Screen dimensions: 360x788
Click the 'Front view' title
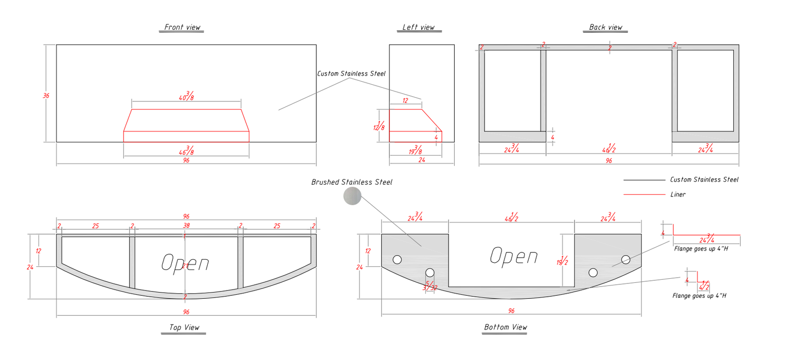183,27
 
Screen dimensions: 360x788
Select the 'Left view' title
419,27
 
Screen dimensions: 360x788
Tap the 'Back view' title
605,27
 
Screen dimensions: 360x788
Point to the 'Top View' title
184,328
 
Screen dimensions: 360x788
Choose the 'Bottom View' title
506,327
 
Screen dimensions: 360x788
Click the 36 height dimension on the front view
46,96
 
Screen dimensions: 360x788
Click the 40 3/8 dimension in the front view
187,96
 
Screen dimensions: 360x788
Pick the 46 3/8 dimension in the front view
187,150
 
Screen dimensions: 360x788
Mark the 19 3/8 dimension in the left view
416,150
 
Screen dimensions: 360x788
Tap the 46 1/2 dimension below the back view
609,149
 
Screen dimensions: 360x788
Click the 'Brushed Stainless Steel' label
352,183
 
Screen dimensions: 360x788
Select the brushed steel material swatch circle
352,196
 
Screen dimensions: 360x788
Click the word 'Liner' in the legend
678,195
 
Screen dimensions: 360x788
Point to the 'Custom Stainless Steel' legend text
704,180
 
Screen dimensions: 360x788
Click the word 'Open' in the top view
185,263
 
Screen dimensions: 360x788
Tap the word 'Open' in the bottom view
514,256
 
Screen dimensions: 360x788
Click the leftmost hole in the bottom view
397,260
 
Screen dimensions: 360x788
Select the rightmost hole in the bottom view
625,259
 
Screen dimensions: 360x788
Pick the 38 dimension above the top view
186,226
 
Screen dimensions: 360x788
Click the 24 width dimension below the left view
422,160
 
